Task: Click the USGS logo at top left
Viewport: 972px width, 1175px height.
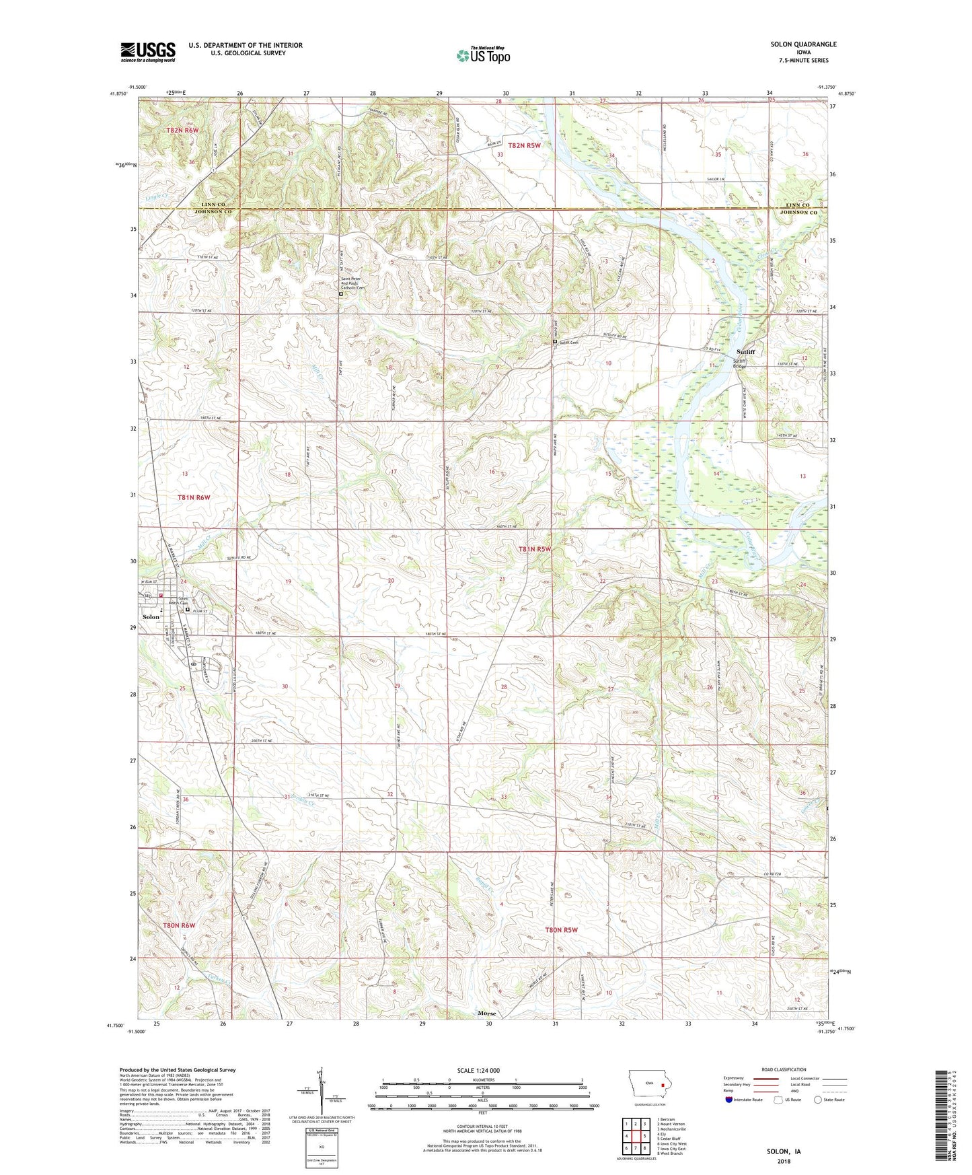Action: (148, 52)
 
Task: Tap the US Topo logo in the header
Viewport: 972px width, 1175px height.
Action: (483, 55)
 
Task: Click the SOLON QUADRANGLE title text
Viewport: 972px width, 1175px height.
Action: (803, 44)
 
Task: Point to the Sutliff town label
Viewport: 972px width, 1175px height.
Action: (745, 352)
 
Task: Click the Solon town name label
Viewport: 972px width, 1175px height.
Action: (151, 616)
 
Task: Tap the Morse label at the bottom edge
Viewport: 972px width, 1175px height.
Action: (486, 1013)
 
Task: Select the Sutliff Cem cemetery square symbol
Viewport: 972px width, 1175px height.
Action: (555, 342)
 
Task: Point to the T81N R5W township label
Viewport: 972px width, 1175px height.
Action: (534, 549)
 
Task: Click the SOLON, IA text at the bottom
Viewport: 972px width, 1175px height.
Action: (784, 1151)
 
